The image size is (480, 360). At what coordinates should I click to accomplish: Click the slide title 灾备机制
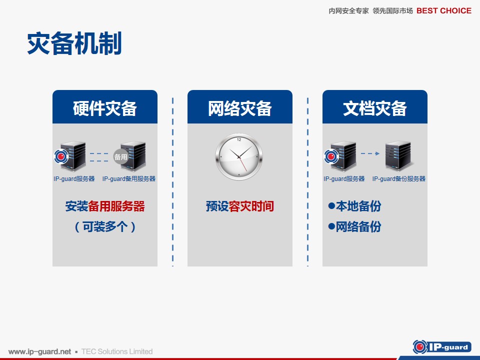(74, 43)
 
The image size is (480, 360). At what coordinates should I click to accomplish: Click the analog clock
(239, 156)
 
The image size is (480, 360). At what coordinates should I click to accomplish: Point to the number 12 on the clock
(239, 139)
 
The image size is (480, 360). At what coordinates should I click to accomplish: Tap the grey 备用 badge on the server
(120, 156)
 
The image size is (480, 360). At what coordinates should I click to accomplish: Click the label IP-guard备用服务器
(129, 179)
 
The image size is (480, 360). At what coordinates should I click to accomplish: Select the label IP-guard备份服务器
(399, 179)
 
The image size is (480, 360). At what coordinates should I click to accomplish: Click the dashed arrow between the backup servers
(370, 153)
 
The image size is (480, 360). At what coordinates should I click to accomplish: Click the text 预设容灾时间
(240, 206)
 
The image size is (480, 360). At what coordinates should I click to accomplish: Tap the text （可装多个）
(105, 227)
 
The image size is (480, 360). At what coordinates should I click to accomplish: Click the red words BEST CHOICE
(444, 11)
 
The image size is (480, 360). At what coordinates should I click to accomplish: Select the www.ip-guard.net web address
(40, 351)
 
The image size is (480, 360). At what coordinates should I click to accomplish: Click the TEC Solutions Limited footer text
(117, 351)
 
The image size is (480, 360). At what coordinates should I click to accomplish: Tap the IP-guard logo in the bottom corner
(442, 347)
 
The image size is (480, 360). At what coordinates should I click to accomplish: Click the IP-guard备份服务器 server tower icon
(398, 155)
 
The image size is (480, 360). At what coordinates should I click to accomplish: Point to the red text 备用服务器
(116, 206)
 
